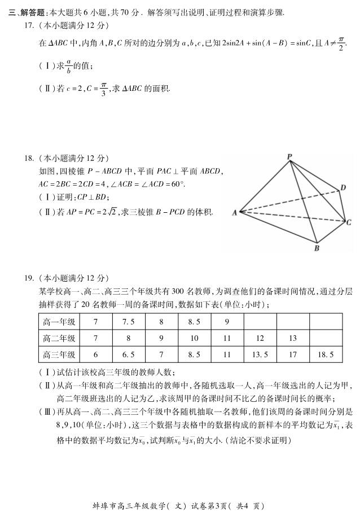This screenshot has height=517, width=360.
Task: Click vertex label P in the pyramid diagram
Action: click(289, 156)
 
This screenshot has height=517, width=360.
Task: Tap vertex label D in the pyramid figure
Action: click(343, 187)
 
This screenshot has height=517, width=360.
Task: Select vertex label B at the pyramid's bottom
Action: click(317, 247)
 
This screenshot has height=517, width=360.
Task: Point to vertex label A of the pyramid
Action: click(234, 212)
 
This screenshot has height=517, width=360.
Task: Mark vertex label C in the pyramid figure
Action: click(349, 222)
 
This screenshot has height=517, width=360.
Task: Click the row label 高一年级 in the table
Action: click(59, 322)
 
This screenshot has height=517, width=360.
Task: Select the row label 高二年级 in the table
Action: click(59, 338)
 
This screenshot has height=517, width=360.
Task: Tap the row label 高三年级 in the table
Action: click(59, 354)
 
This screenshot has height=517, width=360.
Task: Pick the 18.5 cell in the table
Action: click(326, 354)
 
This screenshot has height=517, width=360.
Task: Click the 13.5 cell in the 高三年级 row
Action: click(260, 354)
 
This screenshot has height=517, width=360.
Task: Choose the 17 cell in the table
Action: click(292, 354)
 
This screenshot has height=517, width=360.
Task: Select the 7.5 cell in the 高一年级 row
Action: click(129, 322)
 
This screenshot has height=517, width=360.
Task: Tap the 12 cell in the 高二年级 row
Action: click(260, 338)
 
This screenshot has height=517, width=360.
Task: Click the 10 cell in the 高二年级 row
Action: click(194, 338)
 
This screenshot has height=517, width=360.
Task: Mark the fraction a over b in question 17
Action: click(68, 66)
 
